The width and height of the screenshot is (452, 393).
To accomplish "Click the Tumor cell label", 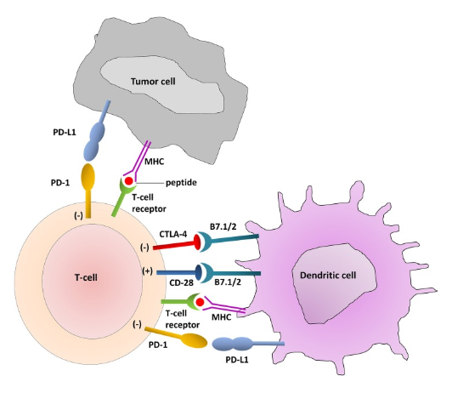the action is click(x=153, y=82).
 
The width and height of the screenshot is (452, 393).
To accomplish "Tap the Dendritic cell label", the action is click(x=328, y=275).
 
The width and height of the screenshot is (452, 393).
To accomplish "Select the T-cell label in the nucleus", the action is click(x=86, y=277).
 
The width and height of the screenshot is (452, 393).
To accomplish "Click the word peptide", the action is click(x=181, y=183).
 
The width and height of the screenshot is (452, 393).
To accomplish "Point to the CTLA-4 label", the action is click(x=173, y=234).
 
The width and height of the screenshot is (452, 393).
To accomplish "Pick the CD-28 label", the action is click(x=181, y=282).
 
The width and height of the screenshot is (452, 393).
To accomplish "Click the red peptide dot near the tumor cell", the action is click(x=129, y=181).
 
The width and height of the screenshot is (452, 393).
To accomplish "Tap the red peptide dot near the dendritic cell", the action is click(x=200, y=302).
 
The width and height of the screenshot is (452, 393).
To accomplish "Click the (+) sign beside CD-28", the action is click(x=147, y=271).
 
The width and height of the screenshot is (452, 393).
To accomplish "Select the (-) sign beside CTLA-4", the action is click(x=144, y=248).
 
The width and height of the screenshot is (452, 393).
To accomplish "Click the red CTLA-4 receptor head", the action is click(x=197, y=242).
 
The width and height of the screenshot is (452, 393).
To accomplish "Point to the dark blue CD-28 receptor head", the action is click(x=199, y=273).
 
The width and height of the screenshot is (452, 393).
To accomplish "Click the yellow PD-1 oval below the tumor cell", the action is click(x=88, y=177).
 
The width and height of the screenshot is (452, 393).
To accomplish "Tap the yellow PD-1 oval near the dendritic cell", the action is click(x=194, y=340).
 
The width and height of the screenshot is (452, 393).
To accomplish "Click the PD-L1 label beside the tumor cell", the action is click(x=65, y=133).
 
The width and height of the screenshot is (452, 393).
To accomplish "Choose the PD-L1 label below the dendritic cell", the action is click(x=237, y=360).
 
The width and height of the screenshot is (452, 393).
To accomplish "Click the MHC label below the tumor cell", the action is click(x=155, y=162).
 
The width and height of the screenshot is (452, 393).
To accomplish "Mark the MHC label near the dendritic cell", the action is click(x=222, y=317).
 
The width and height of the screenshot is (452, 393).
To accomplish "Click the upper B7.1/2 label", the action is click(x=223, y=226).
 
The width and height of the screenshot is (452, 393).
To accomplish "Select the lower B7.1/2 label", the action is click(x=228, y=282).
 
